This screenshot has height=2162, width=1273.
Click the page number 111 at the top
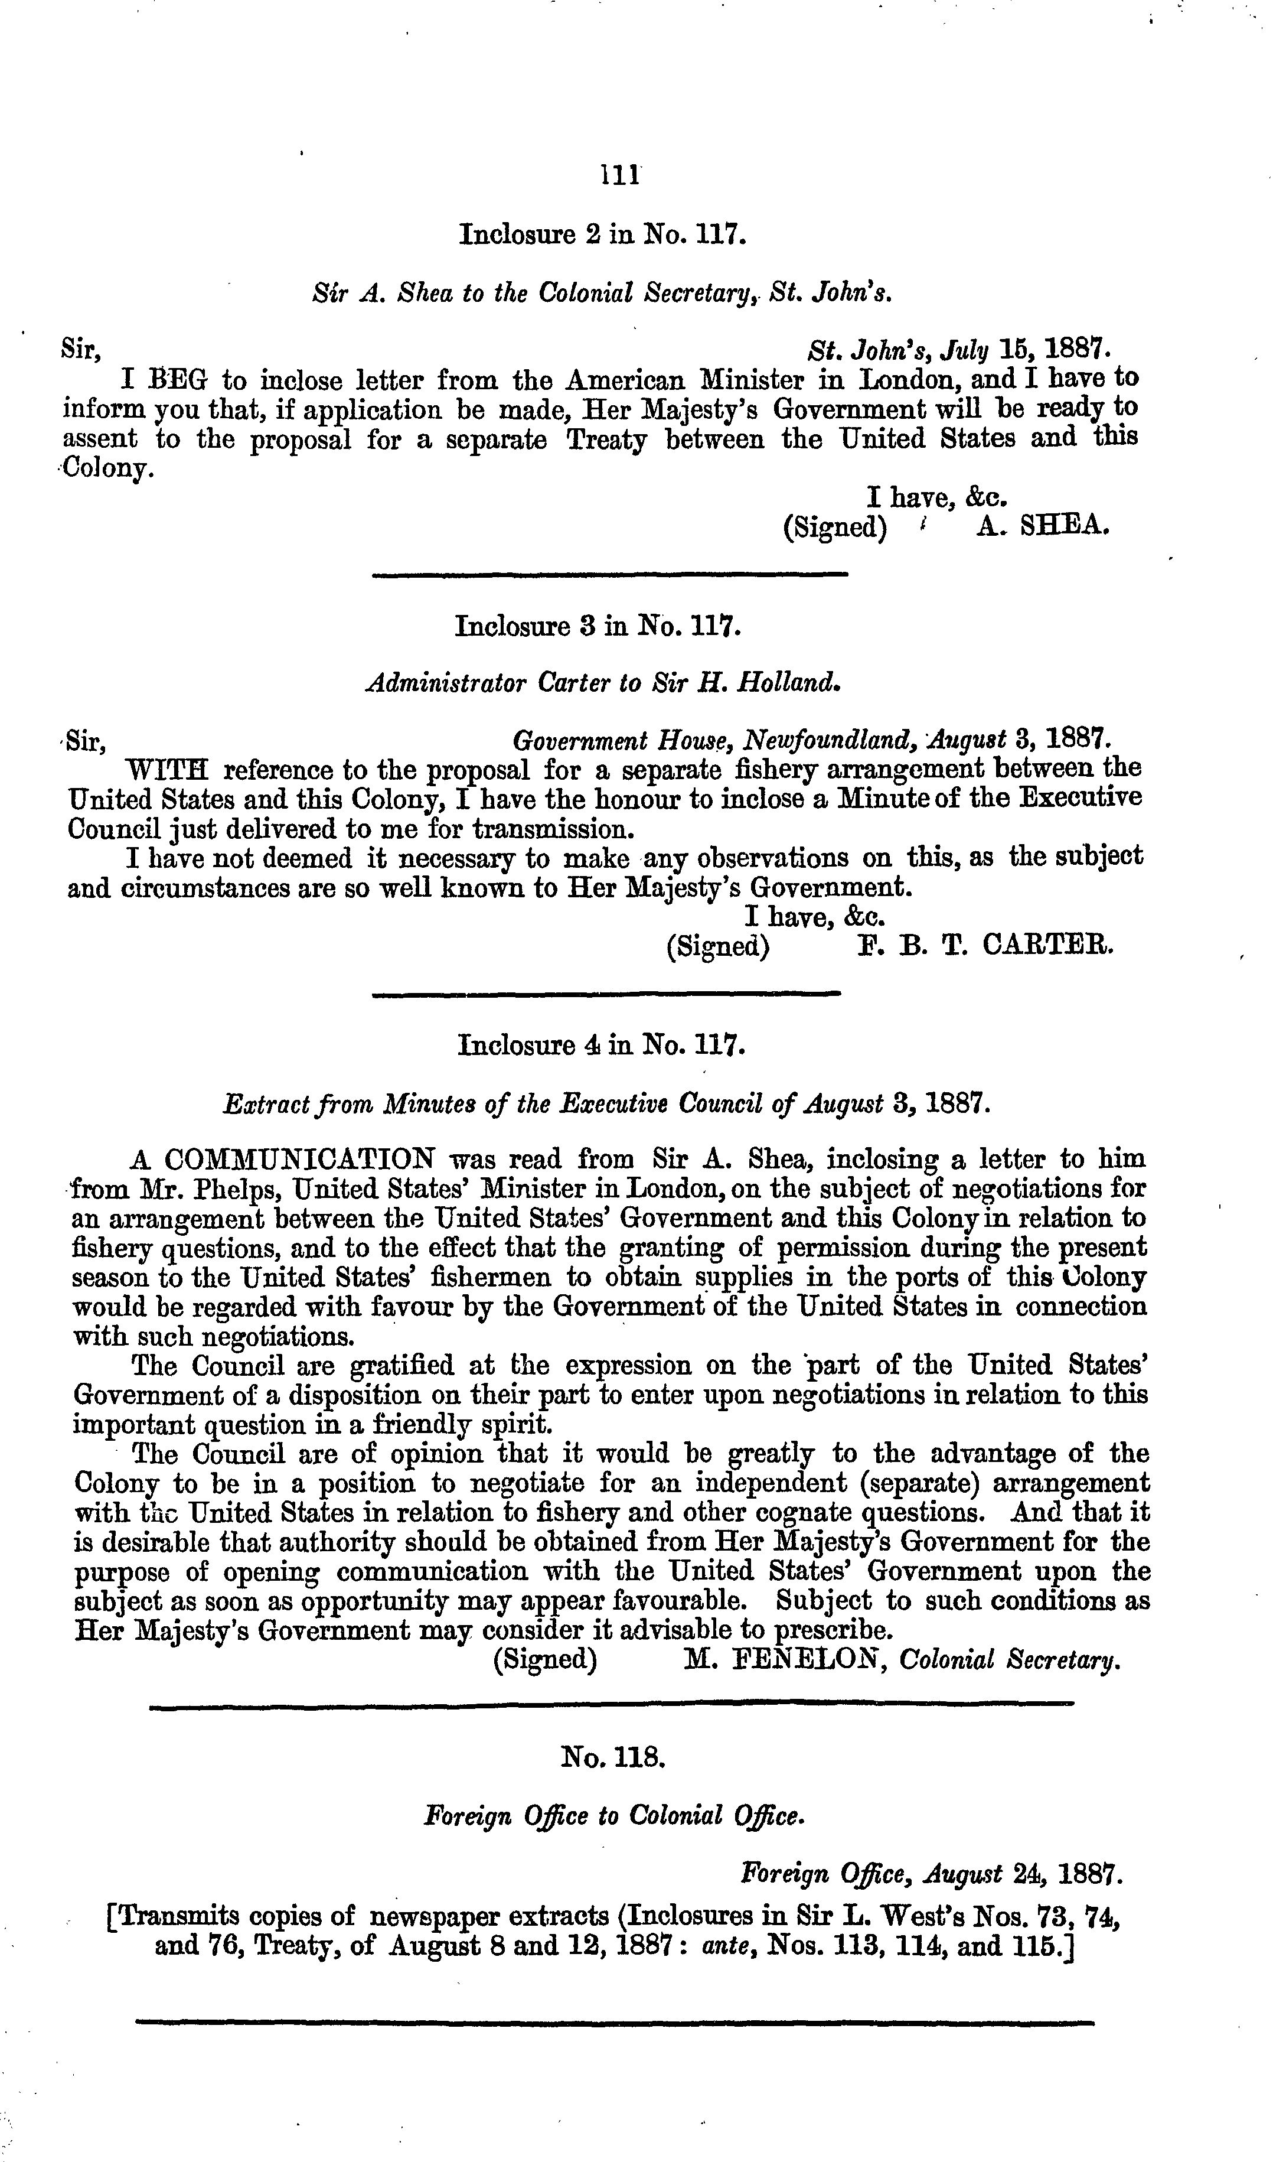(x=619, y=174)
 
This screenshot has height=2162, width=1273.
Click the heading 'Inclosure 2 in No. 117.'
(x=603, y=233)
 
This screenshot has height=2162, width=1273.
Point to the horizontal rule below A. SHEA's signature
(x=610, y=574)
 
